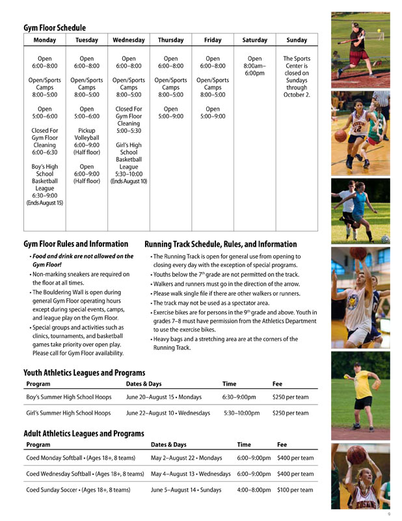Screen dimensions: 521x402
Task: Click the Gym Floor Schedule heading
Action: [55, 28]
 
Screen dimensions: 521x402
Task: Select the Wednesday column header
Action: [129, 40]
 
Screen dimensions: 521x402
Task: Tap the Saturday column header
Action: [254, 40]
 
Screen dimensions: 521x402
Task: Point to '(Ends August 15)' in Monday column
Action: [45, 203]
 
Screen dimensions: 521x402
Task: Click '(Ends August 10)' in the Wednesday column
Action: [129, 181]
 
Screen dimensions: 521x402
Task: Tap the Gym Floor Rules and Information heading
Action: [75, 244]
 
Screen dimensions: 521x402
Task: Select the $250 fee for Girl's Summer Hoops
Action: [290, 413]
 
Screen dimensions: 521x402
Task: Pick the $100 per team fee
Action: [295, 490]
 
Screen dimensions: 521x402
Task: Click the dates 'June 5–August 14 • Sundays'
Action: [186, 490]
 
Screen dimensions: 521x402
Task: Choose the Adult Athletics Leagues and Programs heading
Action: [84, 433]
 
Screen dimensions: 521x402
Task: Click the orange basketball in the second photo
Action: [341, 135]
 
